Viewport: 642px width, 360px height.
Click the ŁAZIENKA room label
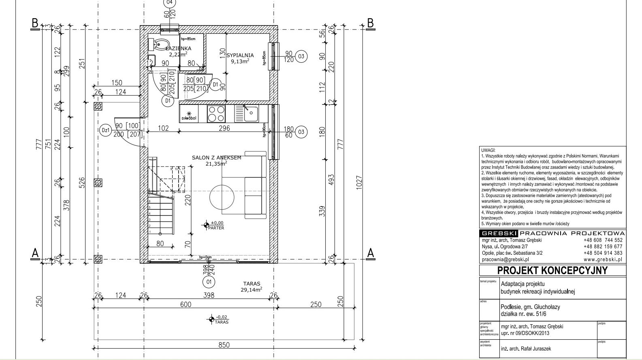click(178, 49)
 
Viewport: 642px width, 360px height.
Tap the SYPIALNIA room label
click(240, 55)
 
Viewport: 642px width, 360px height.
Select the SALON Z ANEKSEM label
click(216, 158)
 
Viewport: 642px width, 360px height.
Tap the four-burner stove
click(216, 113)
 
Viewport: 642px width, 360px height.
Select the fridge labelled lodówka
click(189, 114)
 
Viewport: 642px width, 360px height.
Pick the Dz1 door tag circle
click(105, 131)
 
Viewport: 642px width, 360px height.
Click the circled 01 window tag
click(209, 282)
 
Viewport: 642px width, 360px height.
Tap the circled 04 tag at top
click(170, 2)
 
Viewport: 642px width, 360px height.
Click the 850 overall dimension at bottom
click(224, 345)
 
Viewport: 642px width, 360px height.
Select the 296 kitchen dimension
click(224, 128)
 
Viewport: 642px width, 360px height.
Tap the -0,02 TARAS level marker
click(211, 320)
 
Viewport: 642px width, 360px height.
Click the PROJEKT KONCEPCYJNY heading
click(552, 270)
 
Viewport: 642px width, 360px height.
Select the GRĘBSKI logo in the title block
click(499, 234)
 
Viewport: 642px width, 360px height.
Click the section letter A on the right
click(370, 253)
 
